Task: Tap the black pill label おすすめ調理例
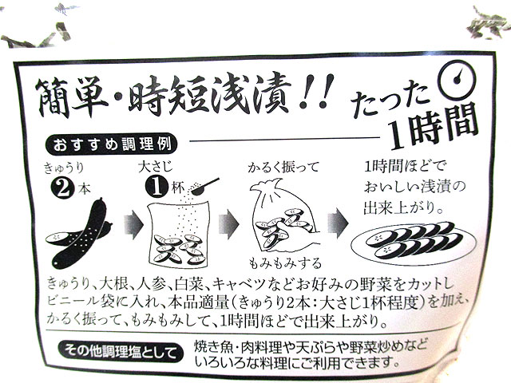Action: tap(112, 145)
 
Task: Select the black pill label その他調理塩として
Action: tap(121, 351)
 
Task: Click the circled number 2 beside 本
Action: tap(62, 188)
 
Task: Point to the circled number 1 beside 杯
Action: tap(157, 188)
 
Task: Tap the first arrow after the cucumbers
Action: tap(133, 224)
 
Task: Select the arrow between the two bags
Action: tap(229, 224)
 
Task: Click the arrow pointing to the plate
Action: tap(338, 223)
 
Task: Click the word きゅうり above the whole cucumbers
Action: tap(64, 168)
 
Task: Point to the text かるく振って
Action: tap(283, 168)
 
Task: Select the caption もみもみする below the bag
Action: tap(285, 263)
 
